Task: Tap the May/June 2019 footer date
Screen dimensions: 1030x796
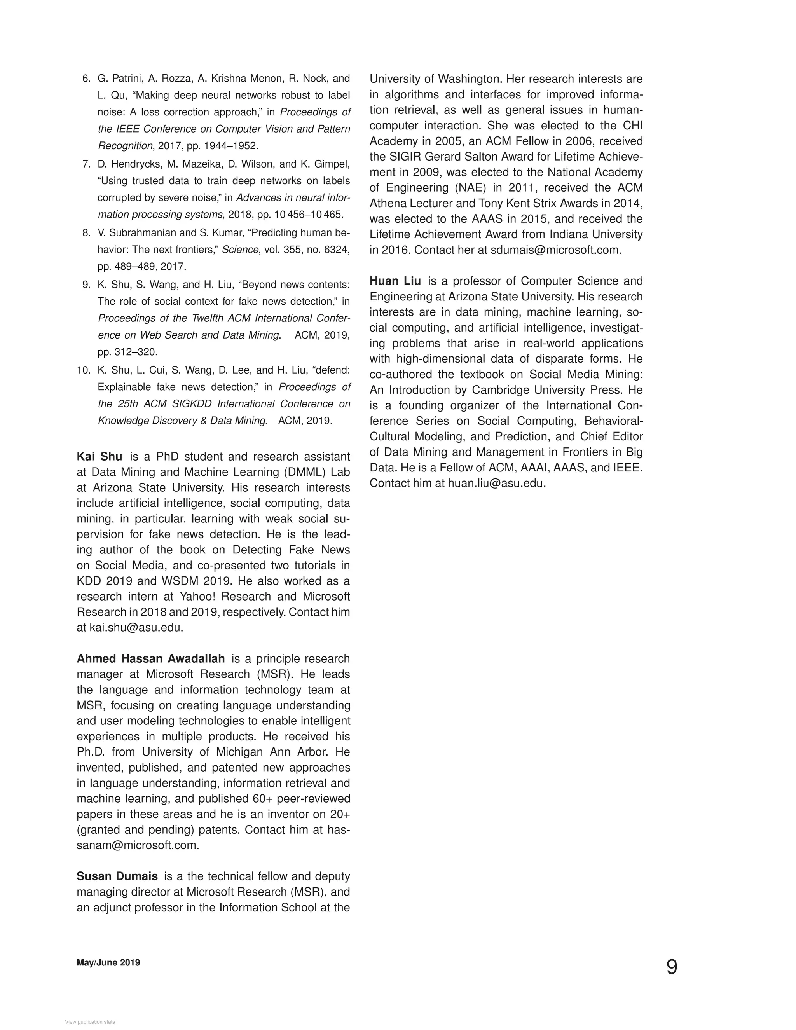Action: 108,962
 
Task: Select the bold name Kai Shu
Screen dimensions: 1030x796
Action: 99,457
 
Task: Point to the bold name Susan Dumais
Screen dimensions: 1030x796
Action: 117,876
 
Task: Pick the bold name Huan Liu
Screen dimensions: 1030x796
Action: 395,281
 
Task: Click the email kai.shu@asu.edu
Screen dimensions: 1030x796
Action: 136,627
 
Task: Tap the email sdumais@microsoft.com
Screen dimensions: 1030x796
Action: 555,250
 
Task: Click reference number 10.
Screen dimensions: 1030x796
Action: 83,370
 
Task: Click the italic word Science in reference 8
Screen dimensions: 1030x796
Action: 240,250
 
